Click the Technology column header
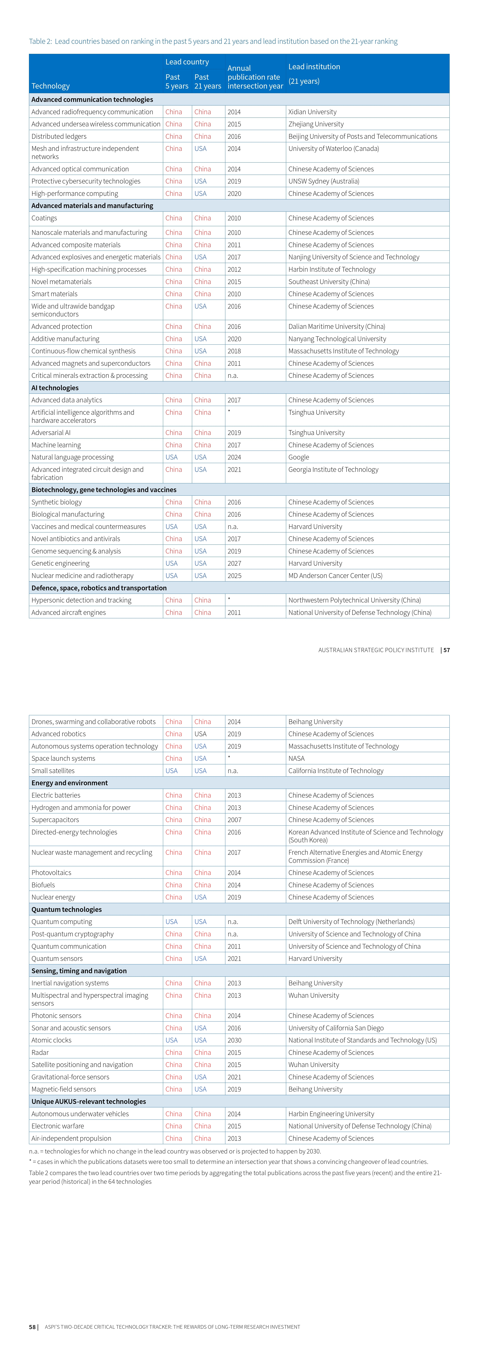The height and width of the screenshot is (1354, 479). [x=50, y=86]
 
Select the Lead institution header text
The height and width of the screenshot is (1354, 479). [x=314, y=67]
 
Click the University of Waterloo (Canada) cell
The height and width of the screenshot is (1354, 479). [x=333, y=149]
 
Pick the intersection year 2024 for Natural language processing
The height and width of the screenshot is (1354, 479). [x=234, y=457]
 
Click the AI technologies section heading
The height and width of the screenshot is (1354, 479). [x=55, y=388]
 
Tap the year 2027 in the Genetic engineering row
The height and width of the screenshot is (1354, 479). [x=234, y=564]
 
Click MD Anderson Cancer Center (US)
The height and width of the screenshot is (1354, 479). [x=335, y=575]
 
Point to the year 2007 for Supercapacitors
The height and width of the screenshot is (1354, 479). [x=234, y=820]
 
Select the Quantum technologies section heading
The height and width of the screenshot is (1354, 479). [x=66, y=909]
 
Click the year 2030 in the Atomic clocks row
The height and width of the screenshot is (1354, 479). [x=234, y=1040]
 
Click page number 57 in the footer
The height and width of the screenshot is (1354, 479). [x=446, y=650]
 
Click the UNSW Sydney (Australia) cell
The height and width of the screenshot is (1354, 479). [x=323, y=181]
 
